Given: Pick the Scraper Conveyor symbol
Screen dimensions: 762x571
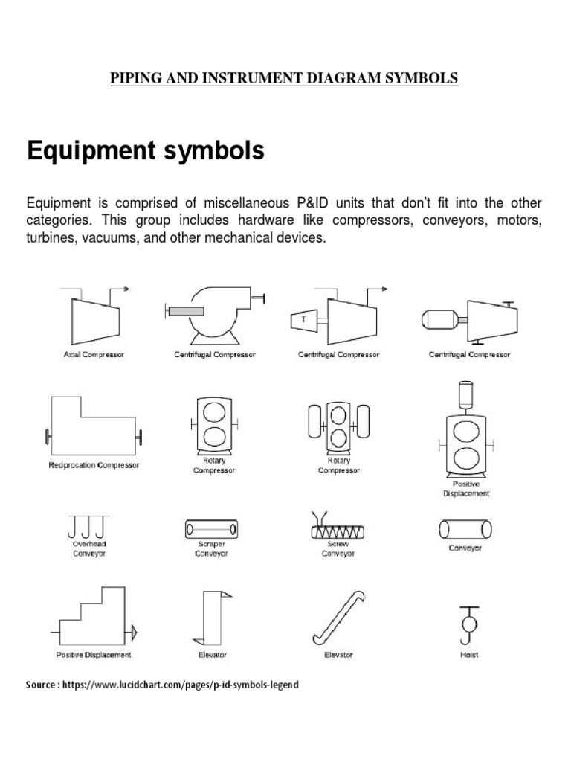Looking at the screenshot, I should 211,530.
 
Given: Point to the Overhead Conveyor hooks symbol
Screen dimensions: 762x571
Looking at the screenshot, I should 88,527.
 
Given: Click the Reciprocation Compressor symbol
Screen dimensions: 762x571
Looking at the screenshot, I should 93,427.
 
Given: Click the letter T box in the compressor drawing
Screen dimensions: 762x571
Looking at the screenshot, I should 303,320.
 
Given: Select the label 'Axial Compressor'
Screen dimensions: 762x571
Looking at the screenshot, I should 94,355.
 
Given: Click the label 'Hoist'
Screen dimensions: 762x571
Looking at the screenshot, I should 469,655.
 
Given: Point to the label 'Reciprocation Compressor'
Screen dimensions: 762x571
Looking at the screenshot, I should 94,465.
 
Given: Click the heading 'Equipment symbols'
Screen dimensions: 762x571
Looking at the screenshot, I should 145,151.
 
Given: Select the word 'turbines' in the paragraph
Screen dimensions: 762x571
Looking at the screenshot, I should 52,240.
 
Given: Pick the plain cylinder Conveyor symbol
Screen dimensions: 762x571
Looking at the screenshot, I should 465,528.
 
